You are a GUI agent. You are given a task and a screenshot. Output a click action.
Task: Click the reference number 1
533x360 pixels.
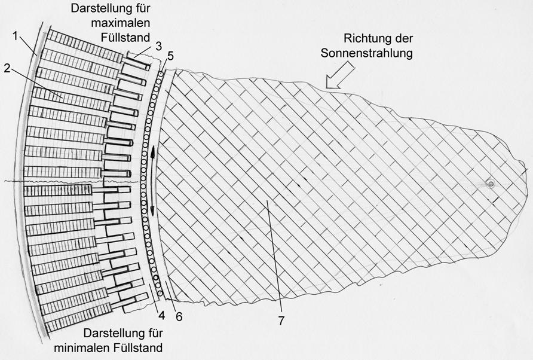point(16,36)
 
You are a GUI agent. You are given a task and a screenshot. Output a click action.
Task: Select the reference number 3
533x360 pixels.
point(159,46)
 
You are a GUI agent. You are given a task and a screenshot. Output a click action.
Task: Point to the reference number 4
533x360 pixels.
point(161,315)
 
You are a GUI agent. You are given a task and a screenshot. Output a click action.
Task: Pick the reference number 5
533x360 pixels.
point(170,56)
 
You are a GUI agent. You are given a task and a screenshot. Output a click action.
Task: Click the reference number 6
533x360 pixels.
point(179,316)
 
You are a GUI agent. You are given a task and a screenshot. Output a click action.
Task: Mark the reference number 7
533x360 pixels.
point(281,320)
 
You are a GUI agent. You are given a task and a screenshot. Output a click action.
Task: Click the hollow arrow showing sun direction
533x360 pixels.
point(340,76)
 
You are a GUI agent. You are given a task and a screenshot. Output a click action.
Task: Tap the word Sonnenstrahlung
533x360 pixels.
point(367,53)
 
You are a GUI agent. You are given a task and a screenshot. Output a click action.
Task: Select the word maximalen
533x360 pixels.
point(120,23)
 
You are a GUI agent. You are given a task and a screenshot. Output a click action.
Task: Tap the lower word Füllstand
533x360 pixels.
point(138,348)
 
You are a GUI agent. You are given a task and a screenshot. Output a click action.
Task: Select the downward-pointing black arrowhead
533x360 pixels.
point(152,210)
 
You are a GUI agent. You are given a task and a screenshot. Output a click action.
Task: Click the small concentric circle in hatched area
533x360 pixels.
point(491,184)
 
